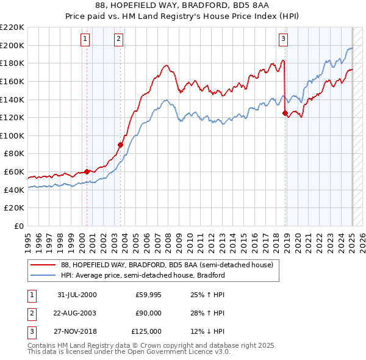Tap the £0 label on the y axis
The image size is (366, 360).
(19, 226)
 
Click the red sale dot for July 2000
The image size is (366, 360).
(87, 171)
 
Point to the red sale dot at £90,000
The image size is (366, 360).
(121, 145)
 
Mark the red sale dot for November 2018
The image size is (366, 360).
(285, 113)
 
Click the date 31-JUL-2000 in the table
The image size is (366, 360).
(77, 295)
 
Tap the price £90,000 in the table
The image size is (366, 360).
(148, 313)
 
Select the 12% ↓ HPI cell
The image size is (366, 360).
(207, 331)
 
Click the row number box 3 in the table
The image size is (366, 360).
(31, 331)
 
